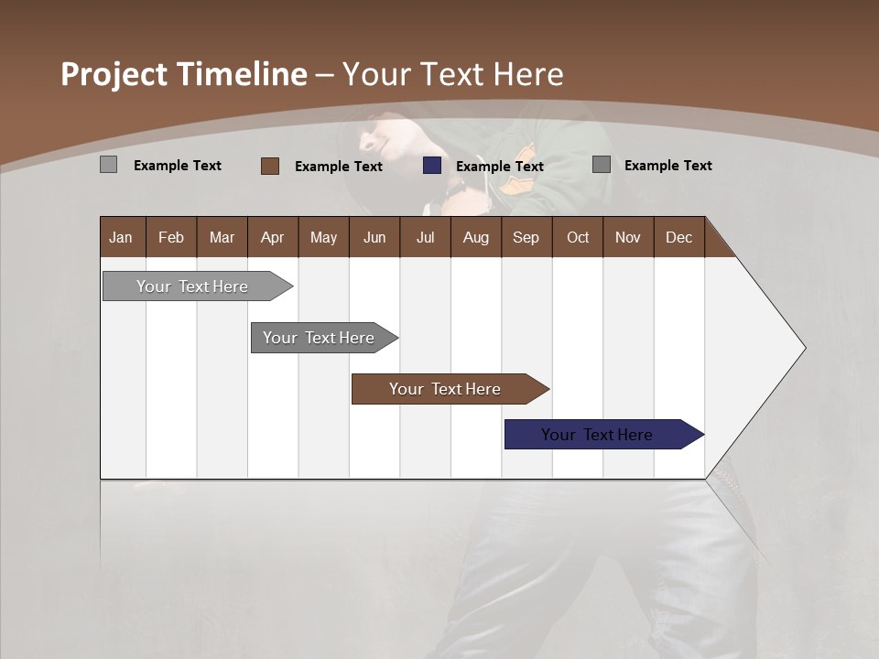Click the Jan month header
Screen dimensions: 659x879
pyautogui.click(x=121, y=237)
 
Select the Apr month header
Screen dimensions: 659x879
pyautogui.click(x=272, y=237)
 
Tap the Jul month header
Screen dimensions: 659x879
pyautogui.click(x=425, y=237)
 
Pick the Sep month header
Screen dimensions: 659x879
pyautogui.click(x=526, y=237)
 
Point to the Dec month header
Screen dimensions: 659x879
pyautogui.click(x=678, y=237)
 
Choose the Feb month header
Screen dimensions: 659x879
pyautogui.click(x=171, y=237)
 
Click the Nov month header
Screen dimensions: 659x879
pyautogui.click(x=627, y=237)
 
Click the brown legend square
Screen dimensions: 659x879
pyautogui.click(x=269, y=166)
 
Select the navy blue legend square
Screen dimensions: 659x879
pyautogui.click(x=432, y=166)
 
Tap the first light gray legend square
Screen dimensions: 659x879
pyautogui.click(x=108, y=165)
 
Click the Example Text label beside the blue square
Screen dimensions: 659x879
pyautogui.click(x=499, y=167)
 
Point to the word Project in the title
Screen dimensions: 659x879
pyautogui.click(x=114, y=74)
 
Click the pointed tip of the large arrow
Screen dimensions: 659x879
pyautogui.click(x=803, y=348)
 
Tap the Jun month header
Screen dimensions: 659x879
pyautogui.click(x=374, y=237)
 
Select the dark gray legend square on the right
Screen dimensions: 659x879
pyautogui.click(x=602, y=165)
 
